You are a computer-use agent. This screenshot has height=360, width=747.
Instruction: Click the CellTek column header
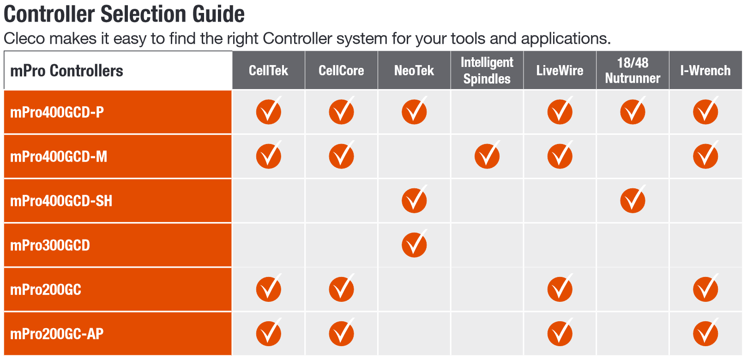pyautogui.click(x=268, y=70)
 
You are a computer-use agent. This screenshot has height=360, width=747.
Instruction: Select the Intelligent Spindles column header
pyautogui.click(x=487, y=70)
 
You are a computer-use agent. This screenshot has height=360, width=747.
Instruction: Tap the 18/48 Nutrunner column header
pyautogui.click(x=633, y=70)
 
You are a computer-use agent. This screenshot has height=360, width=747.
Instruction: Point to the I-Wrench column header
pyautogui.click(x=705, y=70)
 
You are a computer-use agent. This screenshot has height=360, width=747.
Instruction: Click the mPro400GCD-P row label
pyautogui.click(x=57, y=112)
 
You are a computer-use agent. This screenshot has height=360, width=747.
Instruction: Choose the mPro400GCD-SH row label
pyautogui.click(x=61, y=201)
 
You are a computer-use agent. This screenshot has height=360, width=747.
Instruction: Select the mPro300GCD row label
pyautogui.click(x=50, y=246)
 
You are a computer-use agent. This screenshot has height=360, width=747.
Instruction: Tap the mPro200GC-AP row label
pyautogui.click(x=57, y=334)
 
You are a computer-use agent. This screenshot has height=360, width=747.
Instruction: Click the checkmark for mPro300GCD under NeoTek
pyautogui.click(x=414, y=244)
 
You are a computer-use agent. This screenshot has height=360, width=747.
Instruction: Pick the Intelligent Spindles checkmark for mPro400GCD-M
pyautogui.click(x=487, y=155)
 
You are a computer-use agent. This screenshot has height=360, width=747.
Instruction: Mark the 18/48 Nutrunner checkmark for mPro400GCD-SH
pyautogui.click(x=633, y=199)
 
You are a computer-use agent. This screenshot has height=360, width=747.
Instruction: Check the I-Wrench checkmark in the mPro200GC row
pyautogui.click(x=705, y=288)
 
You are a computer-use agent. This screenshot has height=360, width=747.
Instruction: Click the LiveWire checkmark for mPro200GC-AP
pyautogui.click(x=560, y=332)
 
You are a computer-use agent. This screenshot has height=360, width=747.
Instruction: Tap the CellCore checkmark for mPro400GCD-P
pyautogui.click(x=342, y=111)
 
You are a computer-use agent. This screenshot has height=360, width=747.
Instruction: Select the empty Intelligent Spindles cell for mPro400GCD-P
pyautogui.click(x=487, y=112)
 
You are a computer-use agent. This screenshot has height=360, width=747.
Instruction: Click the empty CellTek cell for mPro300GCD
pyautogui.click(x=268, y=245)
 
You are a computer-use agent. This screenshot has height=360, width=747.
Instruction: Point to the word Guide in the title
pyautogui.click(x=218, y=14)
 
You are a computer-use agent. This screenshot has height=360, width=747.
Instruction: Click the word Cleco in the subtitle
pyautogui.click(x=24, y=38)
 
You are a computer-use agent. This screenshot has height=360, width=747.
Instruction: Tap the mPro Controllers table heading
pyautogui.click(x=66, y=71)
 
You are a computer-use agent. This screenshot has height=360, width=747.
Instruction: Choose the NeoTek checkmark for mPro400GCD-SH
pyautogui.click(x=414, y=199)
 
